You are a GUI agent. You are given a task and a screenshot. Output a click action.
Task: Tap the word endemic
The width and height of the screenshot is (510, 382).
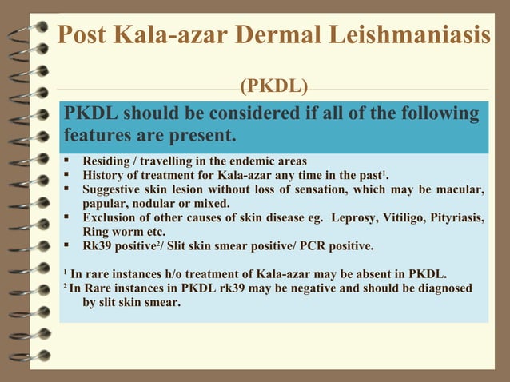click(x=257, y=160)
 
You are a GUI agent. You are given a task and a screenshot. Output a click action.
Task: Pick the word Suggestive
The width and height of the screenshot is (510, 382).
click(x=115, y=189)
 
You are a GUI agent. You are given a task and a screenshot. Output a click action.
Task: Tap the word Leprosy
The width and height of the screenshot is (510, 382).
click(x=353, y=217)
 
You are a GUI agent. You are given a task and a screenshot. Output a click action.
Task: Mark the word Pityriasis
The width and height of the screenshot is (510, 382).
click(x=457, y=217)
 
